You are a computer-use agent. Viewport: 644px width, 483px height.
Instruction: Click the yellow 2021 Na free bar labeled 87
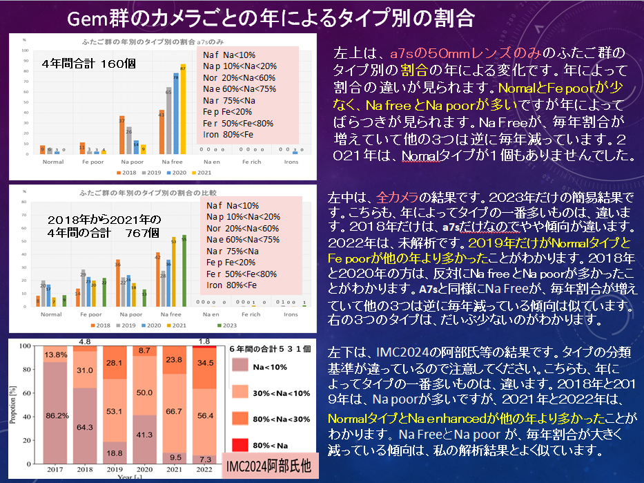click(x=183, y=111)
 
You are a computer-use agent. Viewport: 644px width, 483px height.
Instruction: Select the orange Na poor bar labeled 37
click(x=122, y=136)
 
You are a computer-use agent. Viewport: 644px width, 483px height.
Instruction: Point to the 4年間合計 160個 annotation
click(x=88, y=64)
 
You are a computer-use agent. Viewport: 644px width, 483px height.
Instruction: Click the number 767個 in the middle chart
click(x=144, y=233)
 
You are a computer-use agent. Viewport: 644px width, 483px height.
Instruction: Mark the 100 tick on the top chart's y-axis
click(x=26, y=50)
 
